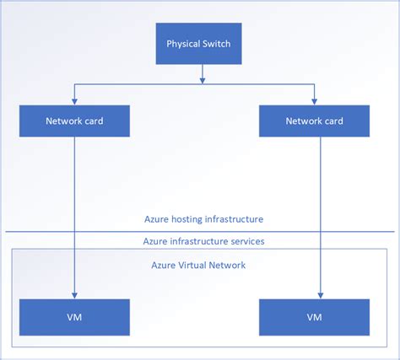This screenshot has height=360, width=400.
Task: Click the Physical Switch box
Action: [x=200, y=44]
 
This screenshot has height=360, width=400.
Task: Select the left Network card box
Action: [x=74, y=121]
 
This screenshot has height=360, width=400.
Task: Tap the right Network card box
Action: [x=314, y=121]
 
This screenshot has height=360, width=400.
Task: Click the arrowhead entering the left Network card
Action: [x=74, y=101]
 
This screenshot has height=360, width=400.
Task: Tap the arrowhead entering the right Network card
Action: [x=314, y=101]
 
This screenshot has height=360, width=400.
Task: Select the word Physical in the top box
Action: [x=183, y=44]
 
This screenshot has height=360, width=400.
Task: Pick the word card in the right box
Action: [x=335, y=121]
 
